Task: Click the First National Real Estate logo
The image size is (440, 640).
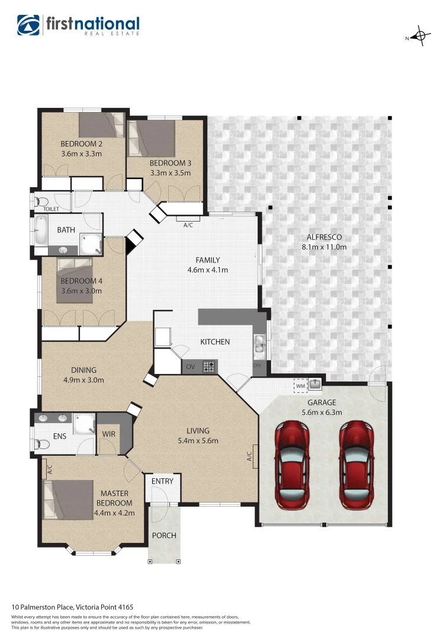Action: coord(78,25)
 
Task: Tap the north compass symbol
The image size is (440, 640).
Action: coord(420,37)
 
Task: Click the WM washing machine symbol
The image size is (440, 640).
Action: coord(300,386)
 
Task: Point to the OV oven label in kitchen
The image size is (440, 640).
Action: coord(191,367)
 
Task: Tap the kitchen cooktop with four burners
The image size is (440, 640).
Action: coord(209,367)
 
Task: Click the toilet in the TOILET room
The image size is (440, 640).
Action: coord(39,201)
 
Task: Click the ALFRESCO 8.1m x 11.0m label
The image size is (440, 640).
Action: coord(324,242)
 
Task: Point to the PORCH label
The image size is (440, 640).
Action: coord(164,535)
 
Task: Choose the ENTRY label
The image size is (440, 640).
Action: coord(162,481)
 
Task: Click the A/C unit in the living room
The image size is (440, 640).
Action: coord(255,456)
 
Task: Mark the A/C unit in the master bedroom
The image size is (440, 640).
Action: coord(44,470)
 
